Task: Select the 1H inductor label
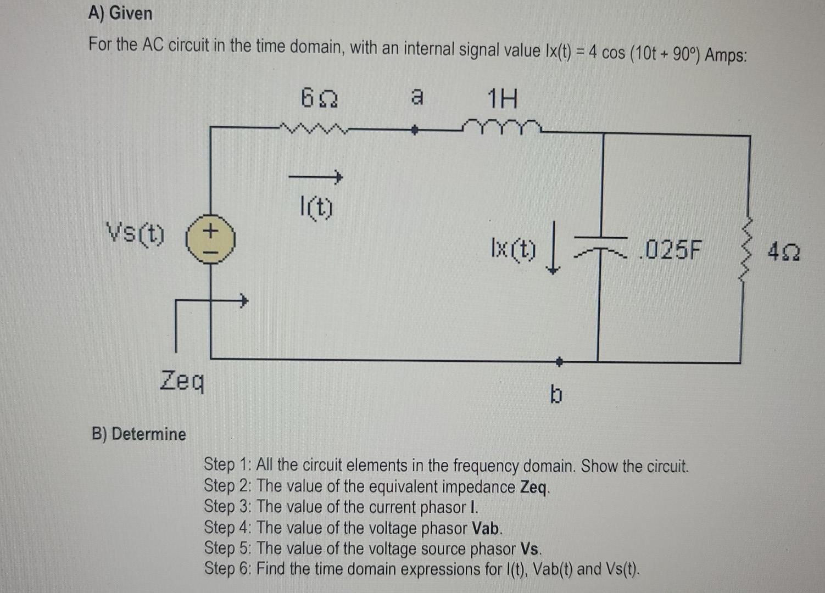(503, 99)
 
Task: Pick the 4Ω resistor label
(784, 253)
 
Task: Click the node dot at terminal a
(416, 131)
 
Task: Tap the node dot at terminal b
(559, 361)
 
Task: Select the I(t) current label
(316, 208)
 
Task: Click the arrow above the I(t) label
(316, 177)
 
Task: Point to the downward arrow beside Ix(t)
(554, 254)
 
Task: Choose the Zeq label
(182, 380)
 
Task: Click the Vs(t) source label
(135, 234)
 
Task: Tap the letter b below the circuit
(556, 394)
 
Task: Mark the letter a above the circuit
(417, 97)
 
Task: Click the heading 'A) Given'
(120, 13)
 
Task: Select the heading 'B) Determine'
(139, 434)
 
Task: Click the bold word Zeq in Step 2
(533, 487)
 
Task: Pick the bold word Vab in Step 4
(486, 528)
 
